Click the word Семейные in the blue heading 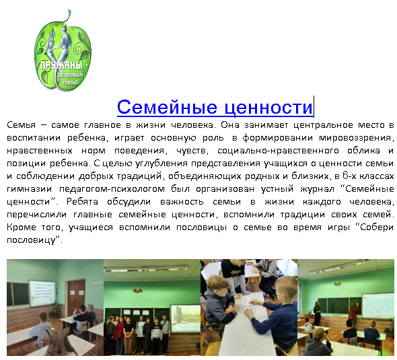coord(167,107)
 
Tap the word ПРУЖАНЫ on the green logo coord(61,65)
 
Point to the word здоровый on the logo coord(71,75)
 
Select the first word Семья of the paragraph coord(21,125)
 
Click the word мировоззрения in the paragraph coord(357,138)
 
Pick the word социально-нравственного coord(278,151)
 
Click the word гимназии coord(29,189)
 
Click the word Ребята coord(82,201)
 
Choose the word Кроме coord(22,227)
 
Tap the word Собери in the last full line coord(377,227)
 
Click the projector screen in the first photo coord(42,293)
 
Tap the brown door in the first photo coord(76,295)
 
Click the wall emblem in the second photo coord(138,290)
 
